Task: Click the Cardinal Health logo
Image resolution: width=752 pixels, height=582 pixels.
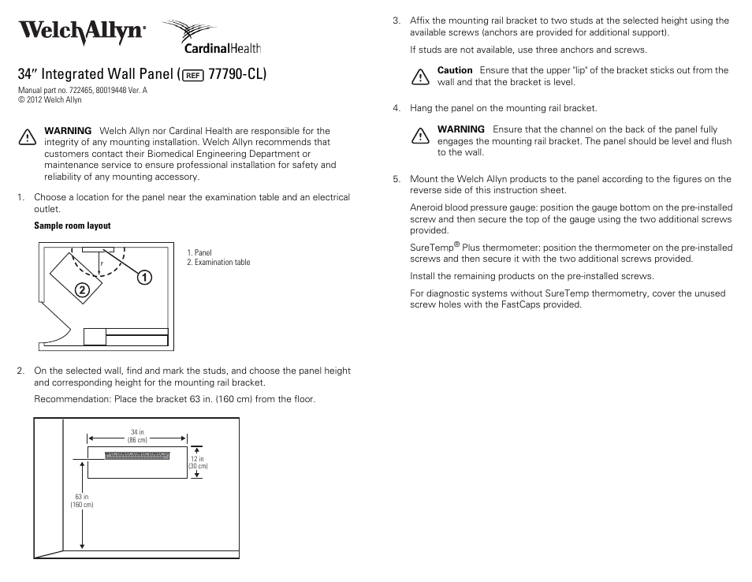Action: [x=211, y=37]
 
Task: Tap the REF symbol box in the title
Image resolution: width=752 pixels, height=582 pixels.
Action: [x=192, y=76]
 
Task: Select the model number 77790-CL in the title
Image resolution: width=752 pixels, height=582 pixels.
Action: [x=234, y=75]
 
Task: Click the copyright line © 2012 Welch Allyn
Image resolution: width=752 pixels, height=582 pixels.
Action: [x=50, y=100]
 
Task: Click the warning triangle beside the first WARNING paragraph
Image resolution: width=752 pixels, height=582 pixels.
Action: [x=26, y=137]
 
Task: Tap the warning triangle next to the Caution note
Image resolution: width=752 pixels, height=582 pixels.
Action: [x=419, y=76]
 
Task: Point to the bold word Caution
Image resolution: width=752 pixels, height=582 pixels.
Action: [x=455, y=70]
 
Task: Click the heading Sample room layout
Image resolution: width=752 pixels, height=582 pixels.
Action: [x=73, y=226]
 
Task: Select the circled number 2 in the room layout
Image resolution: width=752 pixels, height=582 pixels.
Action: [x=81, y=290]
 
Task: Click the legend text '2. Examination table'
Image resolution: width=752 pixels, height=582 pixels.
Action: [x=218, y=263]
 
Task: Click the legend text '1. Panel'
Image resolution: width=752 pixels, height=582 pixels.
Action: [x=199, y=253]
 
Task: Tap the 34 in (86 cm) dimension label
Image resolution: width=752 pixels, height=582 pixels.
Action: [x=137, y=436]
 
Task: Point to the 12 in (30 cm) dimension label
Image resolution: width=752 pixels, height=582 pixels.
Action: [x=197, y=462]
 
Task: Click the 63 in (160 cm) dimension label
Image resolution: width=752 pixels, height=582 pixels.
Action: [x=82, y=501]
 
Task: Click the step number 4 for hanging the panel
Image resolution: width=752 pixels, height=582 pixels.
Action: [x=396, y=108]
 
